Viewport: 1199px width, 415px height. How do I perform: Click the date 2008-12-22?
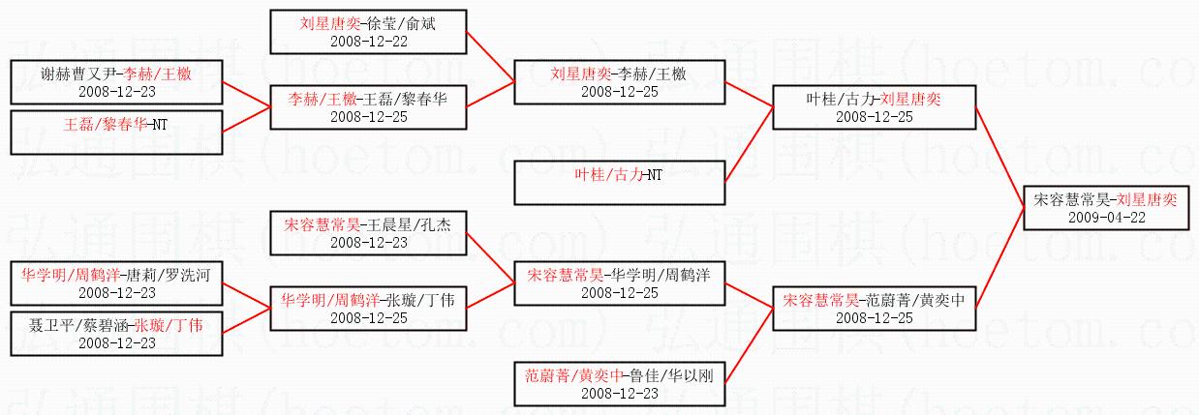pos(369,42)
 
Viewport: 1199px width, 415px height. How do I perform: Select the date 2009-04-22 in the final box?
pos(1107,217)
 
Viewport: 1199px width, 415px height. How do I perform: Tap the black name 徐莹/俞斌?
pos(402,23)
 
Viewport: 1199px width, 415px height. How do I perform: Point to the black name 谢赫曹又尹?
pos(78,74)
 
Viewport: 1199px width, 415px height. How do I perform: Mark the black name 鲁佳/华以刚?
pos(672,375)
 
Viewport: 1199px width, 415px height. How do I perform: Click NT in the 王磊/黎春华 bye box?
pos(160,125)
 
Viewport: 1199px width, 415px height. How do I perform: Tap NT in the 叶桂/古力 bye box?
pos(655,175)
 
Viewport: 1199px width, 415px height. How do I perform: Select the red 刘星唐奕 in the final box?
pos(1147,199)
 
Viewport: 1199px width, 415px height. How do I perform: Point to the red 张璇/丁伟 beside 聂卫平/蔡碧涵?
pos(169,325)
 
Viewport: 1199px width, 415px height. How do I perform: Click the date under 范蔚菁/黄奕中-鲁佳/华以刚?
pos(620,393)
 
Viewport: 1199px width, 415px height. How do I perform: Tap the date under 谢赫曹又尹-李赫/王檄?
pos(117,92)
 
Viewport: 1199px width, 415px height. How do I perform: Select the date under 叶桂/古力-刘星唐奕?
pos(875,117)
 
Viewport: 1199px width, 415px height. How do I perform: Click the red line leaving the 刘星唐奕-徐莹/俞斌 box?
pos(490,57)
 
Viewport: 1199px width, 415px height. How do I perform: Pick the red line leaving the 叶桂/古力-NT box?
pos(750,145)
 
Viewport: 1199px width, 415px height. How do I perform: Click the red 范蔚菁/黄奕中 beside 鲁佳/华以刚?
pos(573,375)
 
